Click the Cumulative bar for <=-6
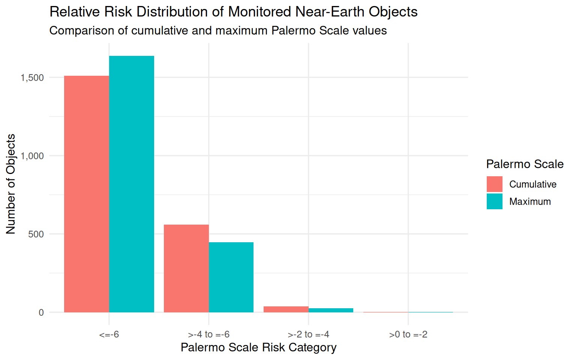[x=87, y=194]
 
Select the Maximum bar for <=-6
[x=132, y=184]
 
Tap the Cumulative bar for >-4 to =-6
[x=186, y=268]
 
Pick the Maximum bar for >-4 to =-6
[x=231, y=277]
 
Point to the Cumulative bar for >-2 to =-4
[x=286, y=309]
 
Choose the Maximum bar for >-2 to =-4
[x=331, y=310]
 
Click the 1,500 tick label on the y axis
[x=32, y=78]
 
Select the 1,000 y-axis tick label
[x=32, y=156]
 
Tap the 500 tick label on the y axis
[x=36, y=234]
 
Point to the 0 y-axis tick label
[x=41, y=313]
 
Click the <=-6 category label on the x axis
[x=109, y=334]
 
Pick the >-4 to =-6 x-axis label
[x=209, y=334]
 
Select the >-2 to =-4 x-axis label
[x=309, y=334]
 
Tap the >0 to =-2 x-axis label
[x=408, y=334]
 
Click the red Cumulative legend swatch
[x=494, y=184]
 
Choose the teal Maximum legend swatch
[x=494, y=201]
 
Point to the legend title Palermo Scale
[x=525, y=164]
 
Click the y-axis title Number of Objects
[x=11, y=184]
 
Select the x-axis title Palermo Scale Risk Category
[x=258, y=348]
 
